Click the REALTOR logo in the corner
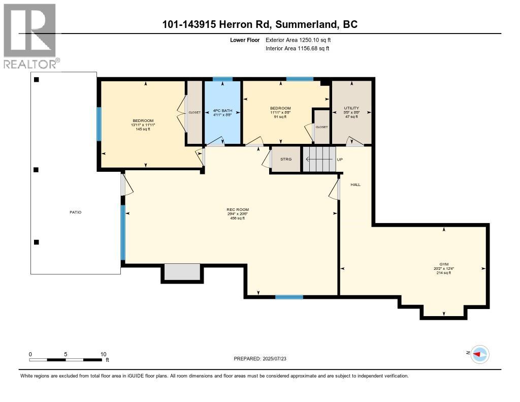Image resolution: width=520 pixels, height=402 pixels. click(x=30, y=36)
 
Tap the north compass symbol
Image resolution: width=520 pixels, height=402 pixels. click(x=479, y=354)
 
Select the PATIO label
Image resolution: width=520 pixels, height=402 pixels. click(x=75, y=212)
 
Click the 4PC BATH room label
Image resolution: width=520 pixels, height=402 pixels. click(x=222, y=112)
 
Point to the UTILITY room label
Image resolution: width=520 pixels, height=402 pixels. click(x=351, y=108)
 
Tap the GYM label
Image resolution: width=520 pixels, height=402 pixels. click(x=444, y=265)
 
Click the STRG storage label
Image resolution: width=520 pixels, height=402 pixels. click(x=286, y=159)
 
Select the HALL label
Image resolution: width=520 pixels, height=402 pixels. click(x=355, y=184)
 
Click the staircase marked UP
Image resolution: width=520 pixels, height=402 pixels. click(x=320, y=159)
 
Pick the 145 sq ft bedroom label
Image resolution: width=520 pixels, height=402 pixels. click(x=142, y=125)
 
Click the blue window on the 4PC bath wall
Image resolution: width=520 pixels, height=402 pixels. click(x=222, y=79)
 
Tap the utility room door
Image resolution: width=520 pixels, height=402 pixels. click(x=354, y=142)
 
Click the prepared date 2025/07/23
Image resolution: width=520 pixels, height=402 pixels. click(x=263, y=358)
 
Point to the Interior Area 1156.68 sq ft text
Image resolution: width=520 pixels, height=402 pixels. click(x=297, y=48)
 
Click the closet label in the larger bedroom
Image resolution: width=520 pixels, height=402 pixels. click(x=194, y=112)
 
